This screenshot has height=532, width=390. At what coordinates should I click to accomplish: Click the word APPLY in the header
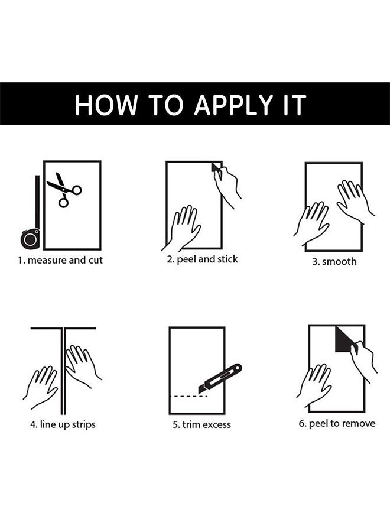pos(234,105)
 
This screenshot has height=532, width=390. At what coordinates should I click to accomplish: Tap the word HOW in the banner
pos(106,105)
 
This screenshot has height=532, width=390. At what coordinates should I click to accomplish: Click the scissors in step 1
pos(64,190)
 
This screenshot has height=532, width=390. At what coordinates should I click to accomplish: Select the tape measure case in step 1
pos(30,239)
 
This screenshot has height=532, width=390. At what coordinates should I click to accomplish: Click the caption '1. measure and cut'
pos(60,260)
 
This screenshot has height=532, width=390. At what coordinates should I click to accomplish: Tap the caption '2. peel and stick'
pos(202,259)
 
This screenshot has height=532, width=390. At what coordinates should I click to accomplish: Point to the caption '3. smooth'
pos(334,262)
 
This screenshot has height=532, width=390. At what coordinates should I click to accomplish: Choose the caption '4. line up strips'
pos(63,425)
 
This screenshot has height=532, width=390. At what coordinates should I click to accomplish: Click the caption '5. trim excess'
pos(201,424)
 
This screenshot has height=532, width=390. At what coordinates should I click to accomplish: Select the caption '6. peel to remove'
pos(337,424)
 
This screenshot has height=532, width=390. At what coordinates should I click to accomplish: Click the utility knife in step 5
pos(220,379)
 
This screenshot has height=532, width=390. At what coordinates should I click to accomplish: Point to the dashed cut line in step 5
pos(188,396)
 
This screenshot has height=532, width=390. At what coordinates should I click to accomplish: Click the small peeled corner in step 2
pos(216,167)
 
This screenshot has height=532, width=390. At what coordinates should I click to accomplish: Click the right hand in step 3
pos(354,200)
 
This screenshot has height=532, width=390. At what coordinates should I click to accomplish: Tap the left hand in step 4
pos(41,386)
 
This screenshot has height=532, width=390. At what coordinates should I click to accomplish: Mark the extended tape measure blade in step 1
pos(37,202)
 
